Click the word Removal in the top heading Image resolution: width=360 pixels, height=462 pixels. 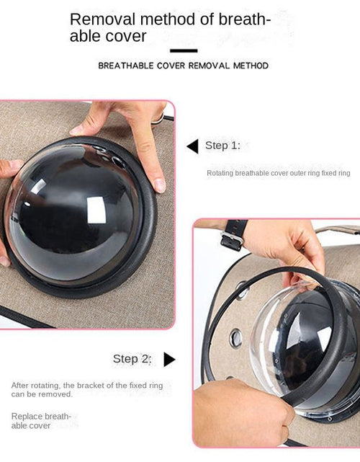pyautogui.click(x=103, y=19)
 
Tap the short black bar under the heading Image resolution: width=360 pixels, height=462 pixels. pyautogui.click(x=184, y=50)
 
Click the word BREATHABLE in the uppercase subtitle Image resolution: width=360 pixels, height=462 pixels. pyautogui.click(x=126, y=66)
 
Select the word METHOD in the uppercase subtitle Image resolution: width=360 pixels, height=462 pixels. pyautogui.click(x=251, y=66)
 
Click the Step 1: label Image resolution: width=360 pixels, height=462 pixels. pyautogui.click(x=222, y=146)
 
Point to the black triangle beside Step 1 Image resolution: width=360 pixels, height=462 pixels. pyautogui.click(x=193, y=146)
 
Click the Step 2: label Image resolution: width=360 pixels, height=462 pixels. pyautogui.click(x=132, y=359)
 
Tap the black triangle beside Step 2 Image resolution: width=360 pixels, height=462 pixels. pyautogui.click(x=169, y=360)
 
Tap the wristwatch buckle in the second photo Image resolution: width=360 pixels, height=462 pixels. pyautogui.click(x=231, y=240)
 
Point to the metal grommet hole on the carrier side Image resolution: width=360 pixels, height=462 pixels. pyautogui.click(x=235, y=337)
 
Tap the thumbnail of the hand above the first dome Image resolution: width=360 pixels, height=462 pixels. pyautogui.click(x=160, y=185)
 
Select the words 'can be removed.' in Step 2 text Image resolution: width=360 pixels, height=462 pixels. pyautogui.click(x=42, y=394)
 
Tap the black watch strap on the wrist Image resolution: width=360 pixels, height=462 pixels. pyautogui.click(x=235, y=235)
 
